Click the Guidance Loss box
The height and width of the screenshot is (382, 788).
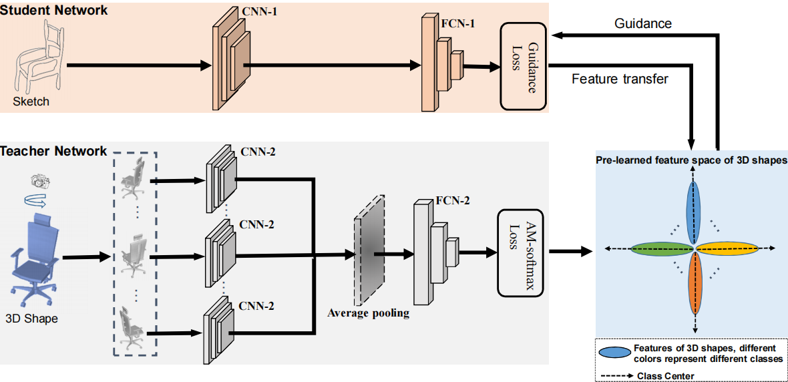pyautogui.click(x=524, y=67)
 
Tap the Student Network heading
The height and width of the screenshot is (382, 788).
pyautogui.click(x=54, y=11)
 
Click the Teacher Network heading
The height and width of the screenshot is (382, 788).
pyautogui.click(x=54, y=152)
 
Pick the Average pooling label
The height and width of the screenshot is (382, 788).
pyautogui.click(x=368, y=313)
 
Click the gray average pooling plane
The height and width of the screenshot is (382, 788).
pyautogui.click(x=368, y=250)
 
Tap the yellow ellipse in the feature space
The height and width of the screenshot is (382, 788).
pyautogui.click(x=728, y=248)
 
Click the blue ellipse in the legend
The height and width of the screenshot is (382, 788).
pyautogui.click(x=614, y=353)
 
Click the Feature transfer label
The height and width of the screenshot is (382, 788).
pyautogui.click(x=620, y=79)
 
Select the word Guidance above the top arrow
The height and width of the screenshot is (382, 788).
pyautogui.click(x=642, y=24)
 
